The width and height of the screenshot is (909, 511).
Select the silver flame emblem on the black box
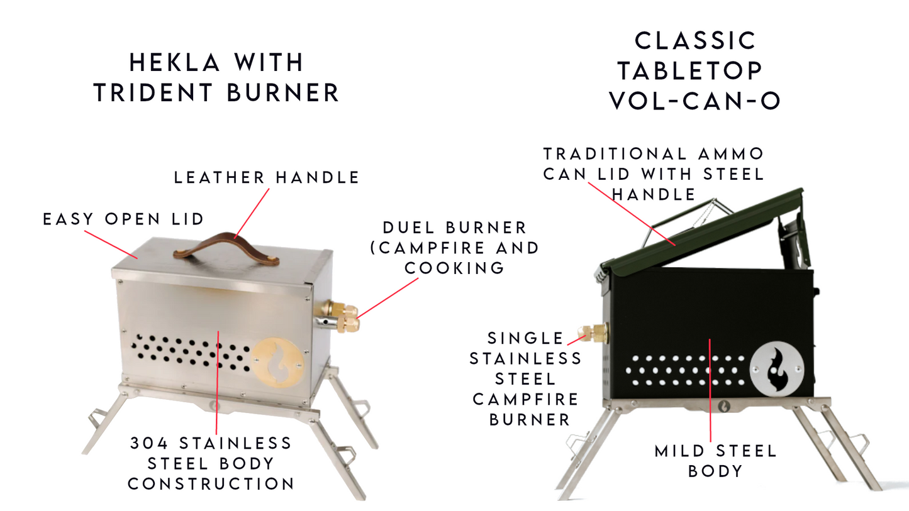[778, 368]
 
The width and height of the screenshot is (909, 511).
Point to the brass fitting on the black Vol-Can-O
[594, 332]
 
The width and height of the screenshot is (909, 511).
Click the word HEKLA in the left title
[172, 63]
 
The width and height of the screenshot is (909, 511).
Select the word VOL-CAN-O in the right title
[695, 101]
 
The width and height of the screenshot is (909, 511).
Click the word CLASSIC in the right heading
[695, 41]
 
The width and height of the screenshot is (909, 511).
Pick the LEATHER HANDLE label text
[267, 178]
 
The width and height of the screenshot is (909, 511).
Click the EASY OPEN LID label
[123, 219]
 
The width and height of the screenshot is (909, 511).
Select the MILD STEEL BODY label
[716, 461]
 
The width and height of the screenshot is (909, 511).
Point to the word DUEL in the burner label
[410, 228]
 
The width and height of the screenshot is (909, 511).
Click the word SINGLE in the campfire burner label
[526, 338]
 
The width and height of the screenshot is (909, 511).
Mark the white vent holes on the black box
[686, 371]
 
